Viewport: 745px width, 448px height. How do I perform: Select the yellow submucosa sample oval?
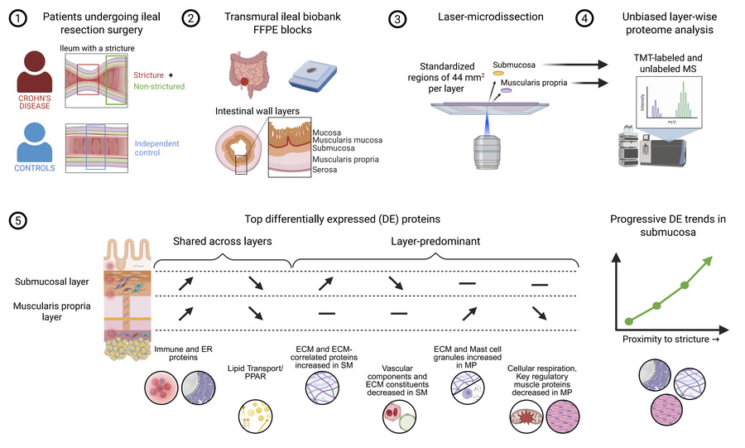coord(498,74)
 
